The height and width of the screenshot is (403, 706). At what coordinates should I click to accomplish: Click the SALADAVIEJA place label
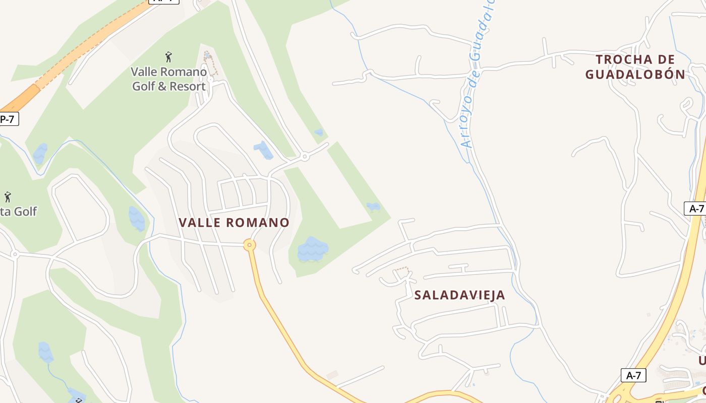coord(459,295)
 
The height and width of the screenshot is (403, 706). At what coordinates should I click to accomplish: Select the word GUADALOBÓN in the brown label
coord(635,75)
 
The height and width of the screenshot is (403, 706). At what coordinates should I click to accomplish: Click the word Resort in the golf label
coord(187,86)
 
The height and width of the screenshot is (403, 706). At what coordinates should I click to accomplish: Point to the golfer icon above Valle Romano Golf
coord(168,56)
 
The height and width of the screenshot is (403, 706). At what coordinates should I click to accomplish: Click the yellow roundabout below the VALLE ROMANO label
coord(249,245)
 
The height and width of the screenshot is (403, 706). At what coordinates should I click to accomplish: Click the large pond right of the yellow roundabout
coord(313,249)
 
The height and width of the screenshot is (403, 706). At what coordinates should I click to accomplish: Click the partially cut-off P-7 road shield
coord(8,119)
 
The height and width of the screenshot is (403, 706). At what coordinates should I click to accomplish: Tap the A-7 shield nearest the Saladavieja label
coord(633,375)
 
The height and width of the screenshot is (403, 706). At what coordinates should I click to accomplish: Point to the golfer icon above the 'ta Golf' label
coord(8,196)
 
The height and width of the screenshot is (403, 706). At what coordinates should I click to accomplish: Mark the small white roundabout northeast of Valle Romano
coord(305,157)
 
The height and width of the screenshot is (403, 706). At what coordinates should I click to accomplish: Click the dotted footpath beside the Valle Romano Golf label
coord(211,63)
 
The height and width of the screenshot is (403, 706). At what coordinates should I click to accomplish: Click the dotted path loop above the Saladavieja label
coord(401,273)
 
